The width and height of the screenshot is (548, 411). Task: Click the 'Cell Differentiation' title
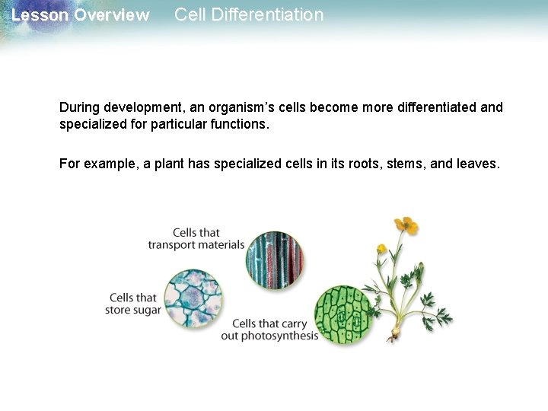click(249, 15)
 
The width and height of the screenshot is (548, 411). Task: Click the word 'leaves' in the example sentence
click(479, 163)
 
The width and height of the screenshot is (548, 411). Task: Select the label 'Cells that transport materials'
click(196, 239)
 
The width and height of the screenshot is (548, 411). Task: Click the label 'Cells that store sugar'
click(133, 304)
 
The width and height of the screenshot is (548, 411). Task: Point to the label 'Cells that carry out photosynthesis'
click(269, 330)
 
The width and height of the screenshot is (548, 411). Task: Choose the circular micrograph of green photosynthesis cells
click(344, 313)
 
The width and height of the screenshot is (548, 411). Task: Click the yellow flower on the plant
click(406, 226)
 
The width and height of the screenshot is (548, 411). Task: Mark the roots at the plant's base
click(396, 335)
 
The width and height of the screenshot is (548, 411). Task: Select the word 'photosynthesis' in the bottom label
click(279, 336)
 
